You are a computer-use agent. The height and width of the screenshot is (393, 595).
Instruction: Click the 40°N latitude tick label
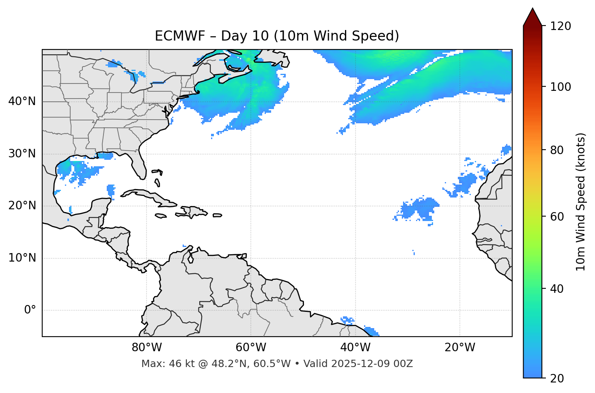22,101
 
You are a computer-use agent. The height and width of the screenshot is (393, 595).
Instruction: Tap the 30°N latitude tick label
22,154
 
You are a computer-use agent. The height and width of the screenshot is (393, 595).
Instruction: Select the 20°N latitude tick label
22,206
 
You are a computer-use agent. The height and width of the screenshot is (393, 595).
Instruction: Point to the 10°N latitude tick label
22,258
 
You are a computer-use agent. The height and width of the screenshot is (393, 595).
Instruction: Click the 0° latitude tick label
30,310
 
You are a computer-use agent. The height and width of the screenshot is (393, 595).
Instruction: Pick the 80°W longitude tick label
147,348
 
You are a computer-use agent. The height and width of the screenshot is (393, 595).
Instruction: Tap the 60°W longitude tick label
251,348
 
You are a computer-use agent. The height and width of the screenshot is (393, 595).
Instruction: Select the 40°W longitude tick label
355,348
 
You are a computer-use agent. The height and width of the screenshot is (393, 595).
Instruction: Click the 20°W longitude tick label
459,348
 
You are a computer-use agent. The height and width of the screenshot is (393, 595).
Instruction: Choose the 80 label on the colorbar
559,150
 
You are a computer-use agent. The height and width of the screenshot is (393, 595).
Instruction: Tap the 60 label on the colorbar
559,217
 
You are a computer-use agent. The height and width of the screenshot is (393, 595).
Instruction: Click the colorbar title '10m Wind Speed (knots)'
581,202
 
